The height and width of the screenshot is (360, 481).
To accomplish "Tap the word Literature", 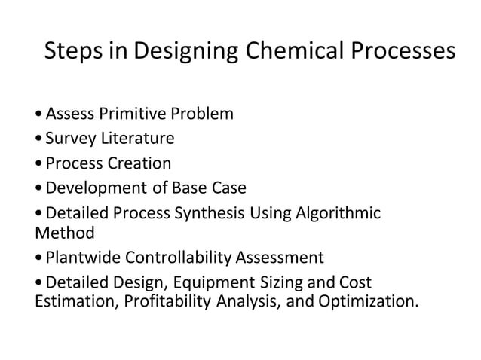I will pyautogui.click(x=136, y=139).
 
